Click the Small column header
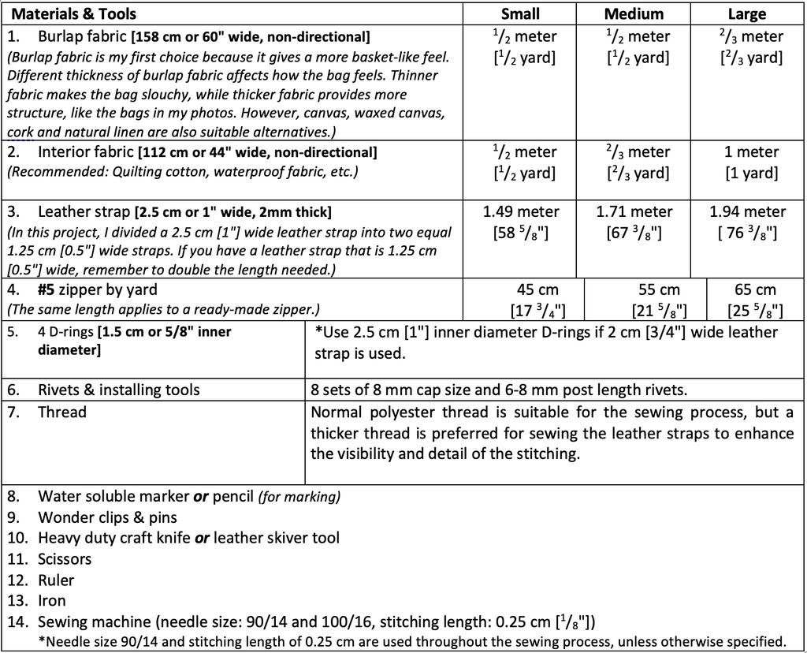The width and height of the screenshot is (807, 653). click(x=520, y=13)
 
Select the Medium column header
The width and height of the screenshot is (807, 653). click(x=634, y=13)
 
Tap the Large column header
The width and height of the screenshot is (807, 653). click(x=746, y=13)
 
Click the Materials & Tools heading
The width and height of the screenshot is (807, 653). click(x=73, y=13)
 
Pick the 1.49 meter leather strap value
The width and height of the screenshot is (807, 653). click(x=520, y=211)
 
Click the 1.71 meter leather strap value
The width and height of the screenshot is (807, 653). click(x=634, y=211)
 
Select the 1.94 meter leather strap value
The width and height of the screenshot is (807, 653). click(x=747, y=211)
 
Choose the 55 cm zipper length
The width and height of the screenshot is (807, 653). click(x=658, y=290)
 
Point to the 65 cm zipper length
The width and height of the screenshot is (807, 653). click(x=754, y=290)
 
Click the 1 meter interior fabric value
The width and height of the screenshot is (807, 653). click(x=751, y=151)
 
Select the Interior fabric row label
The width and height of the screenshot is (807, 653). click(x=86, y=151)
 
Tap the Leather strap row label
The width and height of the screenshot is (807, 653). click(x=84, y=211)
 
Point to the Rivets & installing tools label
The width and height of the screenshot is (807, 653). click(x=118, y=390)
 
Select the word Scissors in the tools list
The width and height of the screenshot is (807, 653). click(x=65, y=559)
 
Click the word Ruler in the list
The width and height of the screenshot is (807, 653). click(x=56, y=580)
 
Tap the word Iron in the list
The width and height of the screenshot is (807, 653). click(x=52, y=601)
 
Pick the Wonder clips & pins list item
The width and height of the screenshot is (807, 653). click(x=107, y=517)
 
